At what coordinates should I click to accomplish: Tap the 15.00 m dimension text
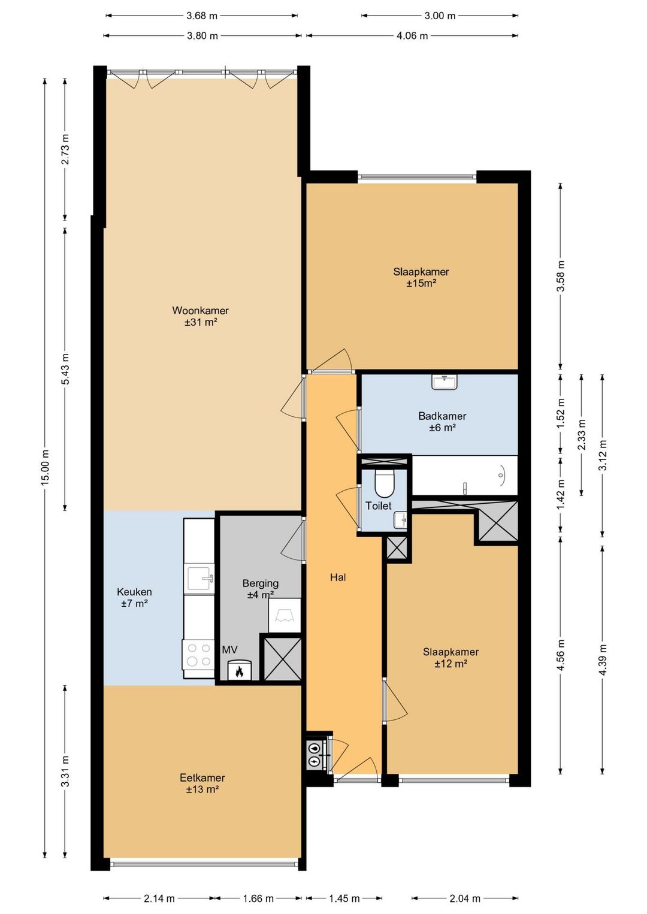(45, 467)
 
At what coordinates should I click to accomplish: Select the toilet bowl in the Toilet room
(384, 483)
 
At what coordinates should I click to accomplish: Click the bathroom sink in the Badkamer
(445, 383)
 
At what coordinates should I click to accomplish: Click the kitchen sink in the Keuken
(200, 578)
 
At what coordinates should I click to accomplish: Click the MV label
(229, 650)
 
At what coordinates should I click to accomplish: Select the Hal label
(338, 577)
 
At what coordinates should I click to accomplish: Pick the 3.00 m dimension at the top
(440, 16)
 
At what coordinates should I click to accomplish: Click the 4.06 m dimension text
(412, 35)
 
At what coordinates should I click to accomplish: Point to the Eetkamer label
(202, 778)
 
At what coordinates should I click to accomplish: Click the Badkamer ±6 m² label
(442, 422)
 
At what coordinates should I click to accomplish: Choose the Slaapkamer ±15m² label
(421, 277)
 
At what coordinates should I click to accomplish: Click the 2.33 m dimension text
(581, 435)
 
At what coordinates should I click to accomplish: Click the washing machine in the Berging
(285, 615)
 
